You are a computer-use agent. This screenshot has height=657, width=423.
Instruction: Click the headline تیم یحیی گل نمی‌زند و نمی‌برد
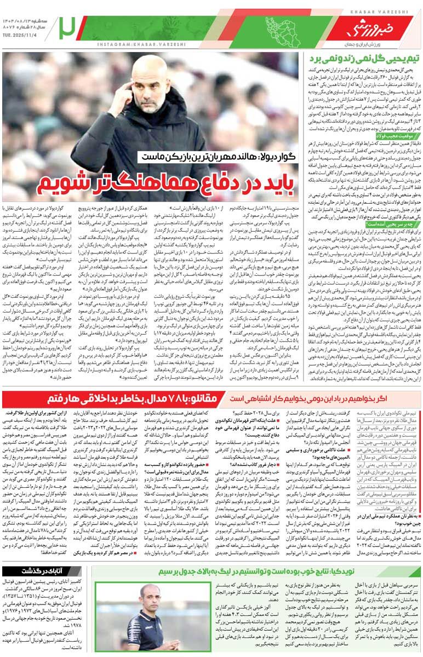[x=363, y=59]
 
